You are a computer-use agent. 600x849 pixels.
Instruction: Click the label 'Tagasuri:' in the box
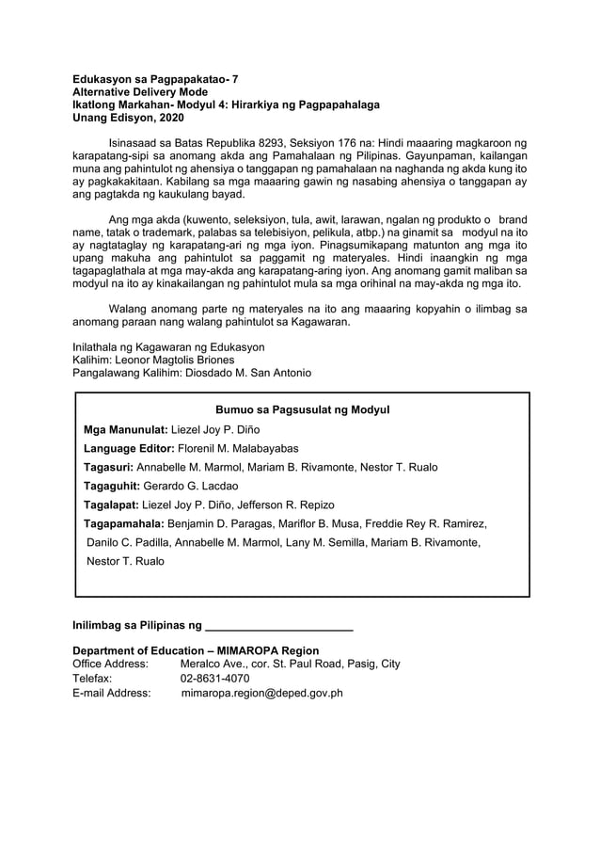tap(109, 467)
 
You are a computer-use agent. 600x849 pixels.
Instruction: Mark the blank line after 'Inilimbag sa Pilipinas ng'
tap(278, 626)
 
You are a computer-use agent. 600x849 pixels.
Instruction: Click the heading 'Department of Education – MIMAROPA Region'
tap(196, 650)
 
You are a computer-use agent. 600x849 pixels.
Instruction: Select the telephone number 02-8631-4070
tap(214, 678)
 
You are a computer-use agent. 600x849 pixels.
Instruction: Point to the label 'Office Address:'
tap(110, 664)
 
